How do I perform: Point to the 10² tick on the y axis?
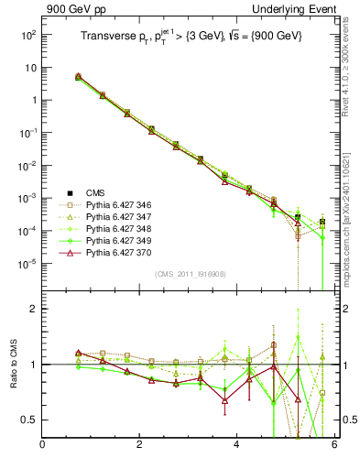[x=27, y=35]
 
